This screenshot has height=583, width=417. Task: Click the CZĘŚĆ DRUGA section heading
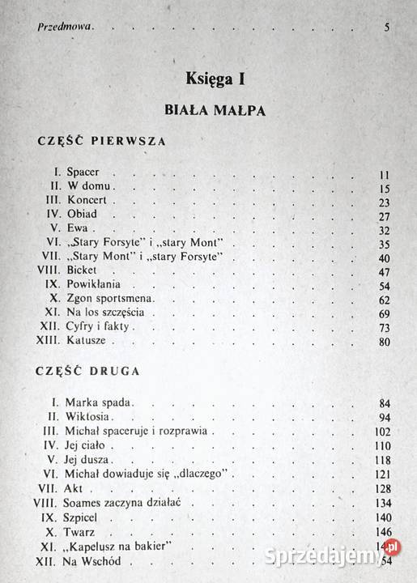[90, 372]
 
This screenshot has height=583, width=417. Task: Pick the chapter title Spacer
[83, 173]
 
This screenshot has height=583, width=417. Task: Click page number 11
[384, 174]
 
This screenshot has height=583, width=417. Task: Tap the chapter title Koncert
[87, 199]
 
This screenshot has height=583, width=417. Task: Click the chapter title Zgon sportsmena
[111, 299]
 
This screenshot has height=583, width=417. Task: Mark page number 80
[384, 341]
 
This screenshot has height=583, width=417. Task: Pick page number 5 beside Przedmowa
[388, 27]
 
